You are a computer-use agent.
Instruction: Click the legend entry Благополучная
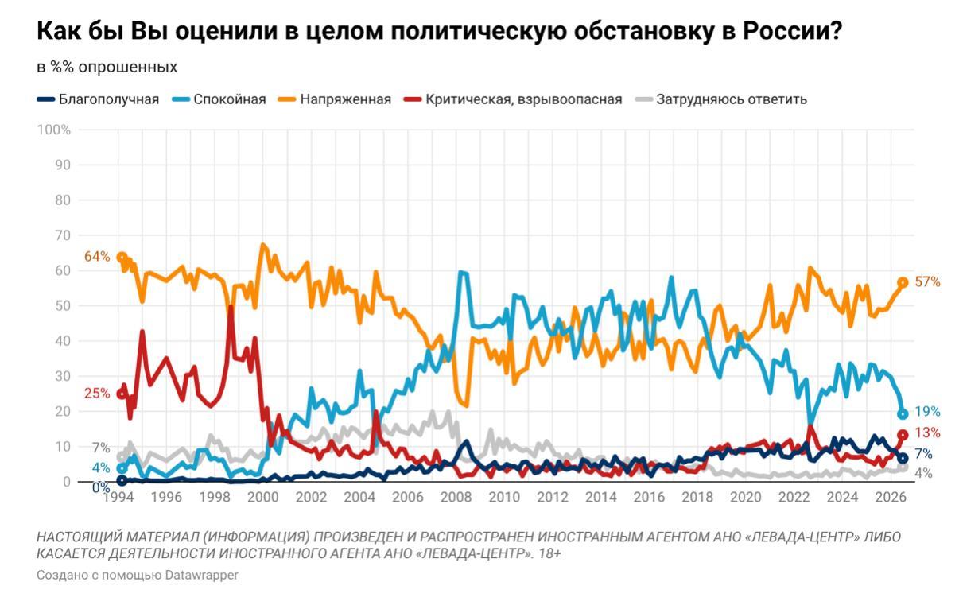(x=98, y=99)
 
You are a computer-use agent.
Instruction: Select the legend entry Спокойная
(x=219, y=99)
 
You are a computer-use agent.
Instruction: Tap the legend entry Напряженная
(x=335, y=99)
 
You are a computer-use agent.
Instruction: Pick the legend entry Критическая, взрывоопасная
(x=513, y=99)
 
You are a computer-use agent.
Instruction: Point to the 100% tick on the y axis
(x=54, y=130)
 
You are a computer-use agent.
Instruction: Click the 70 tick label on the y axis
(x=63, y=235)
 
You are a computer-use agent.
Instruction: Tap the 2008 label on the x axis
(x=456, y=497)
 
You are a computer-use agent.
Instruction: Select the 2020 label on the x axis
(x=746, y=497)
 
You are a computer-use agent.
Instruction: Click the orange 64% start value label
(x=97, y=256)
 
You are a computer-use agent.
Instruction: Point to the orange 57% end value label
(x=927, y=281)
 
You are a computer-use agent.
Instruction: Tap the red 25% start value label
(x=97, y=393)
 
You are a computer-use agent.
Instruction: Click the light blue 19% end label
(x=927, y=412)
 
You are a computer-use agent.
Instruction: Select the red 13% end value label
(x=927, y=433)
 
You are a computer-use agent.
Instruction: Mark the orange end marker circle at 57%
(x=903, y=282)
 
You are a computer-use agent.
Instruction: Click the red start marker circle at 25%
(x=122, y=394)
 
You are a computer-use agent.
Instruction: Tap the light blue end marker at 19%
(x=903, y=414)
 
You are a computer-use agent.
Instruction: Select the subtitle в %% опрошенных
(x=107, y=68)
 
